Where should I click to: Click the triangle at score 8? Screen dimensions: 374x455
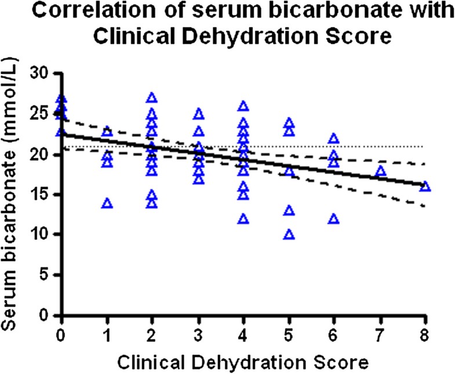[x=425, y=186]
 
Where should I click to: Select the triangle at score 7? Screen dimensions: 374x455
[x=380, y=171]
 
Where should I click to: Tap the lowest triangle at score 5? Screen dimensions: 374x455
[x=289, y=234]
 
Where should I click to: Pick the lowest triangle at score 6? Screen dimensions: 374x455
[x=334, y=219]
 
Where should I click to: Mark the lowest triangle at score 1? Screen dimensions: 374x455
[x=107, y=203]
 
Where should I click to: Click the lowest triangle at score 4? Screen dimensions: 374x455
[x=243, y=219]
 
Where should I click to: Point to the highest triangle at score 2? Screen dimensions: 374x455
[x=152, y=98]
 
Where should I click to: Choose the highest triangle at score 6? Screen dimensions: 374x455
[x=334, y=138]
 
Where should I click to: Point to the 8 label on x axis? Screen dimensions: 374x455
[x=425, y=336]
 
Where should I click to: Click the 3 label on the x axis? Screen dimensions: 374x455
[x=198, y=336]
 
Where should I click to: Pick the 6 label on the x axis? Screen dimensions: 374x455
[x=334, y=336]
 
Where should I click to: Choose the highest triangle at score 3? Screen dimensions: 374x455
[x=198, y=114]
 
